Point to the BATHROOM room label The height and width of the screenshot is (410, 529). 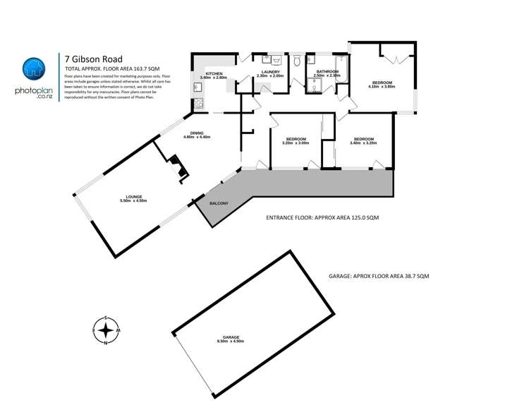coord(327,73)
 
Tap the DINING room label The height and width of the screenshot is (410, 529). coord(197,135)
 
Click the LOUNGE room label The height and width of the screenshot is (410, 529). coord(132,198)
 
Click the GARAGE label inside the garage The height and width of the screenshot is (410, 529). coord(231,339)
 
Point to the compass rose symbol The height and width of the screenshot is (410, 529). coord(105,330)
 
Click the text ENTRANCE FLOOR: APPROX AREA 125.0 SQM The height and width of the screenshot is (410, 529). coord(322,219)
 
